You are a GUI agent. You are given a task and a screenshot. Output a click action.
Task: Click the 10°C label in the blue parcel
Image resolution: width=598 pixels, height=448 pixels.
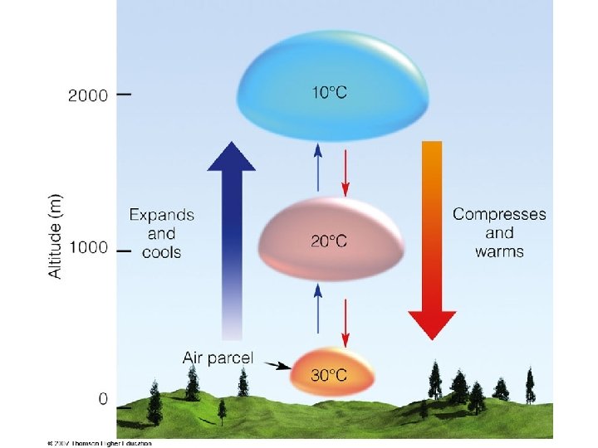coord(330,93)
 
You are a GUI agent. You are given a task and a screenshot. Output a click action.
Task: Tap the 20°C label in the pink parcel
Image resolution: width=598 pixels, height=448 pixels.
coord(329,241)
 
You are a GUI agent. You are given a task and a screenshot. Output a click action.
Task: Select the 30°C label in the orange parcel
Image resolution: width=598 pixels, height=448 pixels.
coord(329,375)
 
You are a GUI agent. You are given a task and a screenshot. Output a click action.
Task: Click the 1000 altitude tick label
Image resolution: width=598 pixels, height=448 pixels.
coord(88,247)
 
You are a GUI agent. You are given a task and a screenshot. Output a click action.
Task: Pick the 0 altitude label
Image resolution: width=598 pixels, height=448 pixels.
coord(103,398)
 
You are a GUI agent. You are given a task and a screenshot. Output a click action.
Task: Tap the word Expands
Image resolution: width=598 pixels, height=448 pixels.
coord(162,215)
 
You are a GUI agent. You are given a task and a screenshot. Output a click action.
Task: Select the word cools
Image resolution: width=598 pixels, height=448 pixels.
coord(162,252)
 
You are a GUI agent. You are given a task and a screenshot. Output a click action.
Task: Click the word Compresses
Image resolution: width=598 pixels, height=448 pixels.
coord(499,215)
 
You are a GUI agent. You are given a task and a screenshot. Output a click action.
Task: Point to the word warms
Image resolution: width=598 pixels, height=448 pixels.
coord(499,251)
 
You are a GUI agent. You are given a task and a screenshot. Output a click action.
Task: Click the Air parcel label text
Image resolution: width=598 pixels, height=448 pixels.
coord(218,359)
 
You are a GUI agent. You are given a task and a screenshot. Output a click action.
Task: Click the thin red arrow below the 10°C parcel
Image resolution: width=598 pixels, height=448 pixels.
coord(346,167)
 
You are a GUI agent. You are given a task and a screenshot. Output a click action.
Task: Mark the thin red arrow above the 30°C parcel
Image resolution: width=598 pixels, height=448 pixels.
coord(346,322)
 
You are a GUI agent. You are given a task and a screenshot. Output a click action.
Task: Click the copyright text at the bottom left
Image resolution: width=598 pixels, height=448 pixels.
coord(100,444)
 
